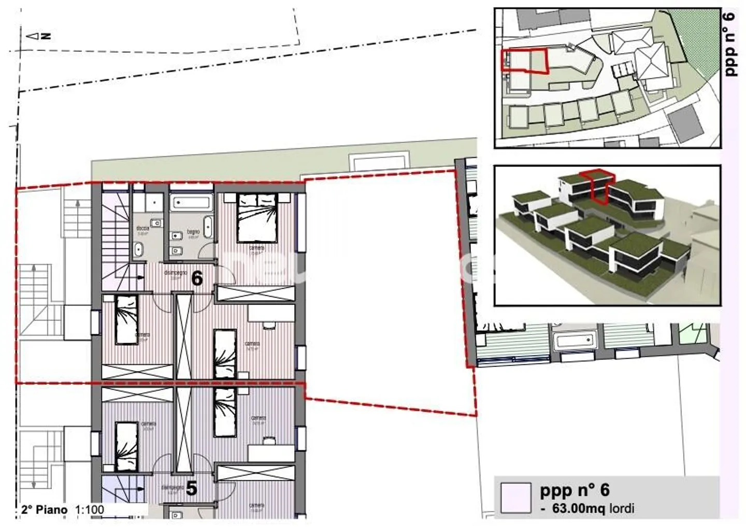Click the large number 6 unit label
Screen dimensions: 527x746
(x=197, y=279)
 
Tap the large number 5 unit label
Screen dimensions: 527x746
(x=191, y=489)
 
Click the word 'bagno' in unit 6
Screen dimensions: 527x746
(x=193, y=232)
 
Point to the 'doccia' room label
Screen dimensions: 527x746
(x=142, y=228)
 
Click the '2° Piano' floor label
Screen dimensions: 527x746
(x=44, y=510)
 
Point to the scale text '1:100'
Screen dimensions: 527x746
(x=90, y=510)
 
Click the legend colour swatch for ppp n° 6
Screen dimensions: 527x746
(x=516, y=498)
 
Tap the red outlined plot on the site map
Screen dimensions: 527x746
(x=524, y=60)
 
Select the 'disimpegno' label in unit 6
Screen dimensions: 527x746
(x=175, y=273)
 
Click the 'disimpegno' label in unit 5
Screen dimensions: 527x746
(x=173, y=488)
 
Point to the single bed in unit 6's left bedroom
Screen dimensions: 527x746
(x=126, y=319)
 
